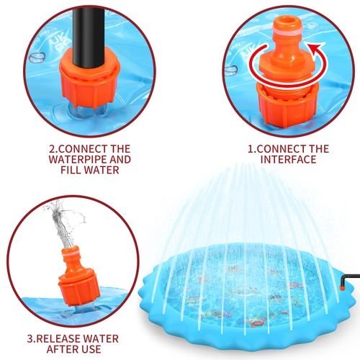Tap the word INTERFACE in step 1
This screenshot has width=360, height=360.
tap(289, 159)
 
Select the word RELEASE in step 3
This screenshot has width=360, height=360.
tap(61, 338)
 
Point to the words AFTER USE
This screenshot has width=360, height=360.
tap(73, 349)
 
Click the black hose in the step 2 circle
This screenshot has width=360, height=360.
tap(89, 36)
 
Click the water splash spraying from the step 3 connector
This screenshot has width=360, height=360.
tap(63, 223)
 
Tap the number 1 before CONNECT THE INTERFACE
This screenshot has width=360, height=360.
tap(251, 149)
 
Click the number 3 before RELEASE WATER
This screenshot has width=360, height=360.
tap(31, 338)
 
